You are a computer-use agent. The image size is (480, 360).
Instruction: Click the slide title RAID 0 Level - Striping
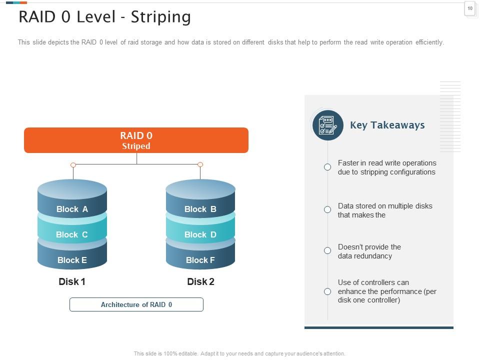pos(104,17)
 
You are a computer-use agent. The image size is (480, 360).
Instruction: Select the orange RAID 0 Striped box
pos(136,140)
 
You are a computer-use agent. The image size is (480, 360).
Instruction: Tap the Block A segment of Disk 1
pos(72,209)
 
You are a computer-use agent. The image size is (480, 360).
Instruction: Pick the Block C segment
pos(72,234)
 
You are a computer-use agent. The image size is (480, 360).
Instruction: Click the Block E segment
pos(72,260)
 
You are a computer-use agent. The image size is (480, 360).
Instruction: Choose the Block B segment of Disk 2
pos(200,209)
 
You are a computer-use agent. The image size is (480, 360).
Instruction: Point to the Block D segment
pos(200,234)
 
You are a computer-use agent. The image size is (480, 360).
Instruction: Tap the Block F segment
pos(200,260)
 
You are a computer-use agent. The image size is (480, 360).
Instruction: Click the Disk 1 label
pos(72,281)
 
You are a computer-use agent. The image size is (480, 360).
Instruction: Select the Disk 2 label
pos(200,281)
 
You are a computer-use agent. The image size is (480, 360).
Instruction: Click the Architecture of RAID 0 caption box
pos(136,304)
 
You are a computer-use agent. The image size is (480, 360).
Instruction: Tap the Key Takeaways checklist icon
pos(327,125)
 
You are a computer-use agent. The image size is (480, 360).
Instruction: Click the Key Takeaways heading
pos(387,125)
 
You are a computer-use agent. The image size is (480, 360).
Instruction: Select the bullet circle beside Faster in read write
pos(327,167)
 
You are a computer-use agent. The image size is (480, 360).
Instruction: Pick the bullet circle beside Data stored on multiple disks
pos(327,209)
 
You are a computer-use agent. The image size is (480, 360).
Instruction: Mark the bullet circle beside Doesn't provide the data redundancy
pos(327,250)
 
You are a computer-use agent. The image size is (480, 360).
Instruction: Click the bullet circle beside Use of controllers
pos(327,291)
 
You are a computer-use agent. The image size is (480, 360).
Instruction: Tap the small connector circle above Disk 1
pos(73,164)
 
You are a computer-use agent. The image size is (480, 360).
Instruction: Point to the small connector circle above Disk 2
pos(200,164)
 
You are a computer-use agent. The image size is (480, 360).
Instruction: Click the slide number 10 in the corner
pos(469,8)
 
